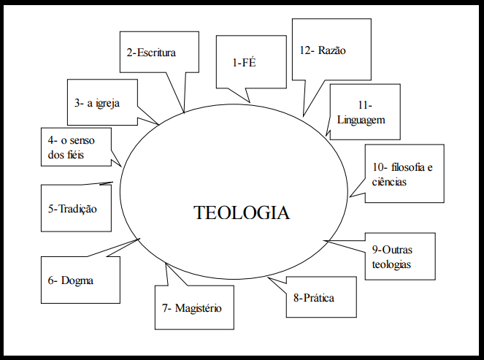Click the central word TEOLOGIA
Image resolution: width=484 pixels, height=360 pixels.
click(242, 212)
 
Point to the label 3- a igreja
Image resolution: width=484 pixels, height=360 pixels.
click(96, 103)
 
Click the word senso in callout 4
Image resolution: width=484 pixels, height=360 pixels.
click(91, 139)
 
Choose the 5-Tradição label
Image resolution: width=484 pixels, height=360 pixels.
click(72, 208)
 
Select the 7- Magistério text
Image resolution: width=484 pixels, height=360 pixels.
click(193, 307)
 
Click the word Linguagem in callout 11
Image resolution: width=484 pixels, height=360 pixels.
click(361, 119)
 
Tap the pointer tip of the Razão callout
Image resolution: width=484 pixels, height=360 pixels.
click(304, 115)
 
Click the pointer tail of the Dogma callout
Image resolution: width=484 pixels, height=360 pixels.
click(139, 239)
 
